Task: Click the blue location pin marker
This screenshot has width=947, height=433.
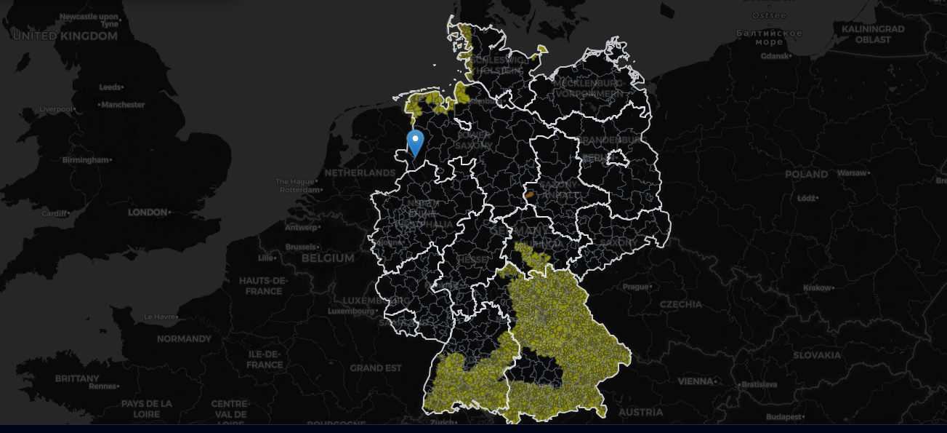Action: click(x=416, y=142)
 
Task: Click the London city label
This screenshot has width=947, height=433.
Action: click(x=148, y=212)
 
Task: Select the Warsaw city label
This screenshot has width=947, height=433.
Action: click(x=851, y=173)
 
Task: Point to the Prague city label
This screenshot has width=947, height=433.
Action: click(x=635, y=286)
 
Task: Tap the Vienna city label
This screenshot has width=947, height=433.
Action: click(x=696, y=381)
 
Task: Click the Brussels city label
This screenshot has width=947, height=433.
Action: click(x=301, y=247)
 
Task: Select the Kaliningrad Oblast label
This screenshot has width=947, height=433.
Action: click(x=872, y=34)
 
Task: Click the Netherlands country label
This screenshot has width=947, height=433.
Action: click(x=359, y=173)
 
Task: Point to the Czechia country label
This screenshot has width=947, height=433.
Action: click(x=681, y=303)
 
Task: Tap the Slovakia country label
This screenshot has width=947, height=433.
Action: click(x=816, y=355)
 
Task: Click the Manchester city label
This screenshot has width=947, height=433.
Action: click(x=123, y=105)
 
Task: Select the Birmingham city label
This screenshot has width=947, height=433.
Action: click(x=84, y=159)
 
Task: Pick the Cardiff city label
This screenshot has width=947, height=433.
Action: click(x=54, y=214)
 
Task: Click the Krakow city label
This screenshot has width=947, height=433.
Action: click(x=816, y=287)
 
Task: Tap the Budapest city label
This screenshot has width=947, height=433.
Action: click(x=785, y=417)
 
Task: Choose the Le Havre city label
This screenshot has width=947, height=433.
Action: click(x=159, y=317)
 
